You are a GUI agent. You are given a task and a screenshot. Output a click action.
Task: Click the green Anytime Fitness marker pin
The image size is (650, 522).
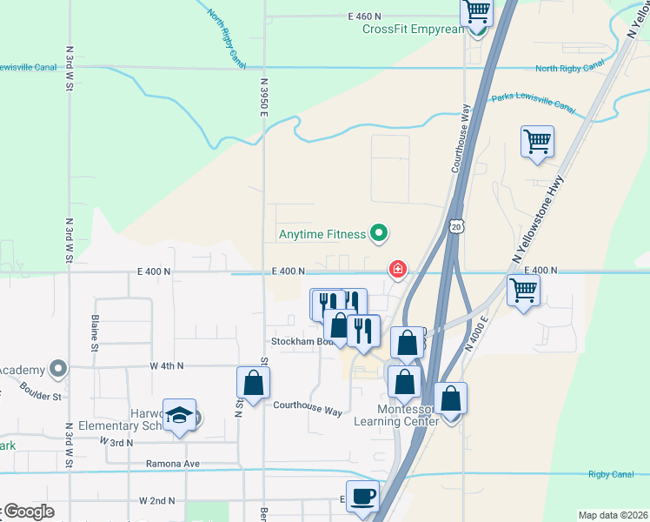[x=378, y=233]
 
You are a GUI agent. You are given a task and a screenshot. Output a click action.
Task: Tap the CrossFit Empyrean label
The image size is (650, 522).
[x=414, y=29]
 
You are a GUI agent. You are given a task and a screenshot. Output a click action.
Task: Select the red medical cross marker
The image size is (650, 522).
[x=398, y=270]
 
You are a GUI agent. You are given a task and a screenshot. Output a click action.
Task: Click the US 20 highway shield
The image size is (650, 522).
[x=456, y=226]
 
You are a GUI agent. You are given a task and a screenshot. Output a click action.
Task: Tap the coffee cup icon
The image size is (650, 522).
[x=362, y=496]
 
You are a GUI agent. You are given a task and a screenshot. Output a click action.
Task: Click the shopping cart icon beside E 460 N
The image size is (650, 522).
[x=476, y=11]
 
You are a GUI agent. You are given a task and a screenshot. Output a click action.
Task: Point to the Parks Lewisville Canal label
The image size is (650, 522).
[x=534, y=102]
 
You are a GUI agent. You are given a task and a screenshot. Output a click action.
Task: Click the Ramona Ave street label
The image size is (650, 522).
[x=172, y=464]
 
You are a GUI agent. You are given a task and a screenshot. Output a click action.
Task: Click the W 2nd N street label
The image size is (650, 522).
[x=156, y=501]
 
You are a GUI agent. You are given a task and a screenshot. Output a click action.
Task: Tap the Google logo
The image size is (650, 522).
[x=28, y=512]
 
